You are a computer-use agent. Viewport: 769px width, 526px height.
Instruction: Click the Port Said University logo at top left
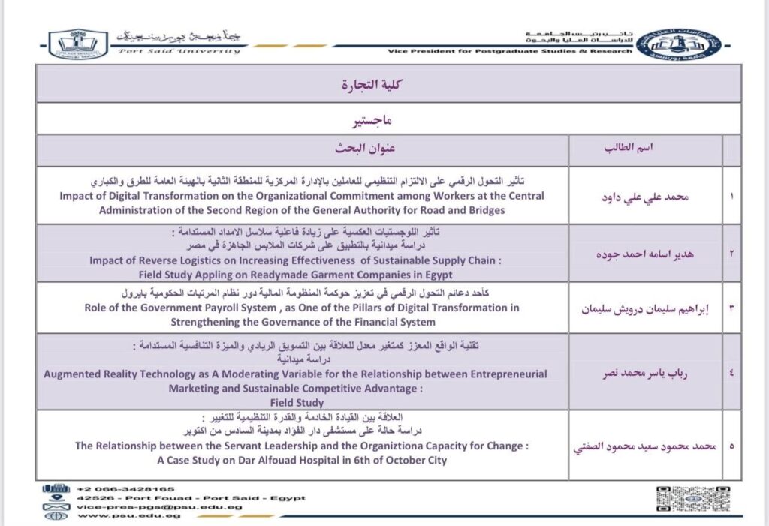[78, 43]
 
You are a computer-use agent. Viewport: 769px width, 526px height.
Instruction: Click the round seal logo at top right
[679, 43]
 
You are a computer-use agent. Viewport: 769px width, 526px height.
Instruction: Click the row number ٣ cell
[731, 308]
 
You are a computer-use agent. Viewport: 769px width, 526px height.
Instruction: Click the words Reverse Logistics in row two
[179, 261]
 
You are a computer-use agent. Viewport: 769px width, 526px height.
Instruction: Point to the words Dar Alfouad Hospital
[293, 460]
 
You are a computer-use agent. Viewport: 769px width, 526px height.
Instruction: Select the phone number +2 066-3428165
[125, 488]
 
